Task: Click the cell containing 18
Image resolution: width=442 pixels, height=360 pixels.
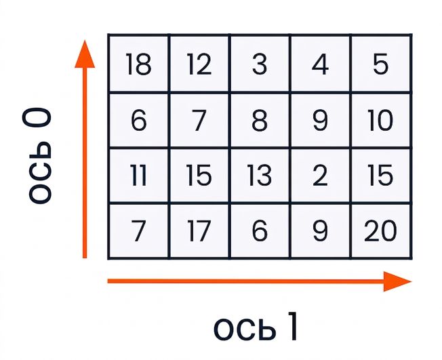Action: click(x=139, y=64)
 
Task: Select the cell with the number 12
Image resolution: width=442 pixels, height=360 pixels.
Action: click(x=199, y=64)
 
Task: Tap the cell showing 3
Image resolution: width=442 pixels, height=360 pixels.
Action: click(x=260, y=64)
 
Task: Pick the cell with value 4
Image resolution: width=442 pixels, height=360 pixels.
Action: click(x=321, y=64)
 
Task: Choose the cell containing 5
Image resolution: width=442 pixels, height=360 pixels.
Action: click(x=381, y=64)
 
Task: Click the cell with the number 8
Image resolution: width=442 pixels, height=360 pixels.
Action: click(x=260, y=120)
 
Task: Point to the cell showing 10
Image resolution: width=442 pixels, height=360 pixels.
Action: click(x=381, y=120)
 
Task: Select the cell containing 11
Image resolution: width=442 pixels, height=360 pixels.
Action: click(x=139, y=176)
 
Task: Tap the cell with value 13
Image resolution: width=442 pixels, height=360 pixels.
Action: click(x=260, y=176)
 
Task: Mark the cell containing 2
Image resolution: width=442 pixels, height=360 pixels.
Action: click(x=321, y=176)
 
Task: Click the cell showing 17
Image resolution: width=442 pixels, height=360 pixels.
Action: click(x=199, y=231)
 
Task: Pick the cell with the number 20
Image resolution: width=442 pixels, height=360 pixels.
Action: click(x=381, y=231)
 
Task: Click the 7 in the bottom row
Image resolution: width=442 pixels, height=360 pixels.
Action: click(x=139, y=231)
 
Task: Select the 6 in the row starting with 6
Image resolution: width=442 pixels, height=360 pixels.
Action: click(x=139, y=120)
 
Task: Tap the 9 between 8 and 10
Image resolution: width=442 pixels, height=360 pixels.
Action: click(x=321, y=120)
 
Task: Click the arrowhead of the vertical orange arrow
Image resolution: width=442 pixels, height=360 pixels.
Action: click(x=85, y=54)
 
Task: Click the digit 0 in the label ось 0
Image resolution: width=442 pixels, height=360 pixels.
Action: click(x=37, y=118)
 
